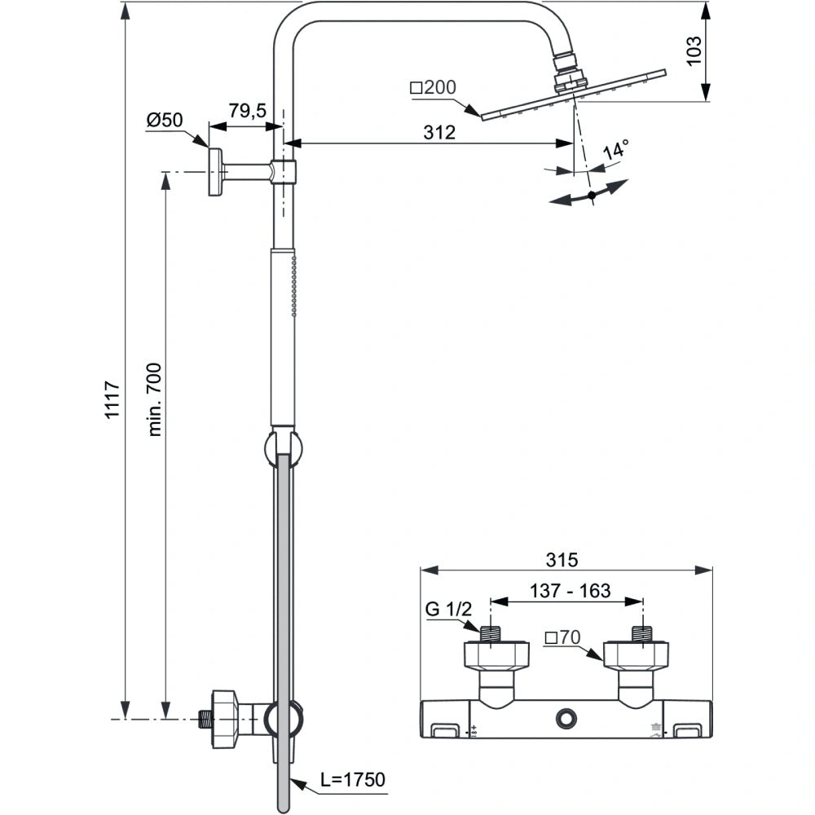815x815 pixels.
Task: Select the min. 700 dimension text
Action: tap(155, 399)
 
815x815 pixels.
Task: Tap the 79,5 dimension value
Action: tap(247, 111)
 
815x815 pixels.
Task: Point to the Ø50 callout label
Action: tap(164, 120)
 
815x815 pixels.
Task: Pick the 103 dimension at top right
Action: tap(694, 51)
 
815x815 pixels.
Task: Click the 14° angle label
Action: tap(616, 152)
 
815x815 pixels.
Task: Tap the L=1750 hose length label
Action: tap(352, 780)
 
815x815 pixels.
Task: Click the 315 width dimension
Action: tap(562, 559)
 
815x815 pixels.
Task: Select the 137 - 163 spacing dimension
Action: tap(570, 592)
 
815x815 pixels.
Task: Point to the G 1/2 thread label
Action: tap(448, 610)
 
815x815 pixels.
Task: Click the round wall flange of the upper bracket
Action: tap(215, 172)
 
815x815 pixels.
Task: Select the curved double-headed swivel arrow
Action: tap(589, 194)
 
